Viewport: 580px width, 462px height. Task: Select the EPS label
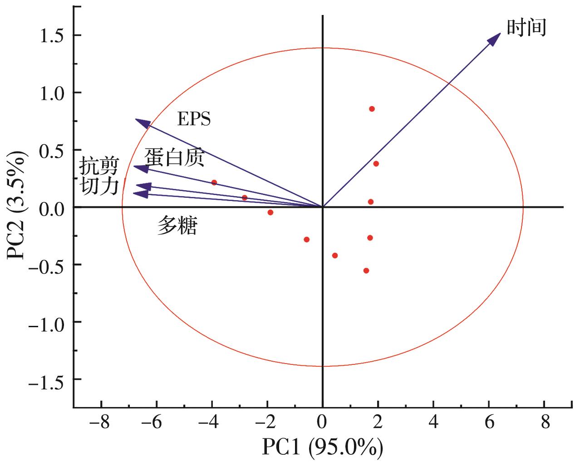point(194,119)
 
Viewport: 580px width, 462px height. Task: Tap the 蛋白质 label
point(174,157)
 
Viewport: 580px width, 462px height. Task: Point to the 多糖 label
point(177,226)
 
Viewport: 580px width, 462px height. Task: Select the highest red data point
point(372,109)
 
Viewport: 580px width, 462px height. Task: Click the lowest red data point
point(366,270)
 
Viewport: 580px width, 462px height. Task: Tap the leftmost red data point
point(214,182)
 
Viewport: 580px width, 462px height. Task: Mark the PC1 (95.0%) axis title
point(322,448)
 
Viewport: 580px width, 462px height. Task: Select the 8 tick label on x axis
point(545,423)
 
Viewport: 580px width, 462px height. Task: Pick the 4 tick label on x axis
point(433,423)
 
